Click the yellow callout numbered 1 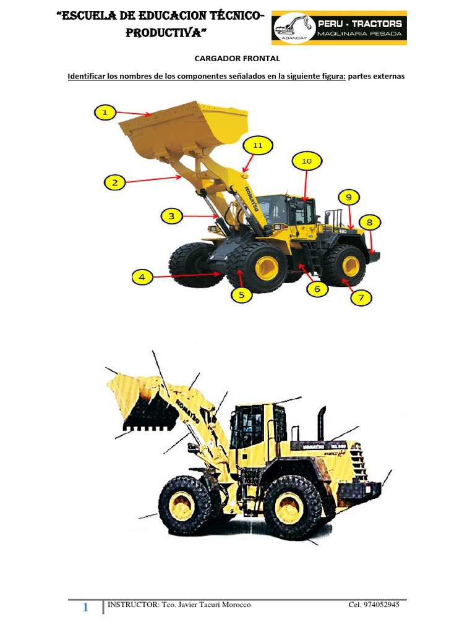click(x=105, y=113)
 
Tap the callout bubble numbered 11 click(x=258, y=145)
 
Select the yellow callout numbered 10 click(x=307, y=161)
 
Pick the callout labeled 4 click(x=142, y=278)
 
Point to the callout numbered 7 click(x=362, y=298)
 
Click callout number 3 click(x=172, y=216)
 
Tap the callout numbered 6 click(x=317, y=289)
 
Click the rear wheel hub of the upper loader click(x=351, y=265)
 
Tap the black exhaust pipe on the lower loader click(x=322, y=423)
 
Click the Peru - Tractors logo click(x=339, y=28)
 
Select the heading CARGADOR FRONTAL click(x=237, y=59)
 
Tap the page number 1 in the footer click(x=85, y=608)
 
